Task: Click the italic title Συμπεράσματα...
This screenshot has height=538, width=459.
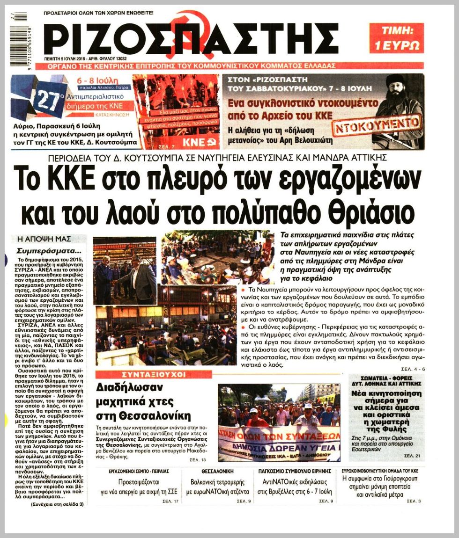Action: point(45,250)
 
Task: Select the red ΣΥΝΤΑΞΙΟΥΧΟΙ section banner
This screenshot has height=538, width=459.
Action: point(154,374)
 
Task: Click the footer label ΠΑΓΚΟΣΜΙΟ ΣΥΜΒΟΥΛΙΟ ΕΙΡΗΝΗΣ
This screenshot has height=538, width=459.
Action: point(295,471)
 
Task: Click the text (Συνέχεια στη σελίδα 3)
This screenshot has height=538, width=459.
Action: point(57,504)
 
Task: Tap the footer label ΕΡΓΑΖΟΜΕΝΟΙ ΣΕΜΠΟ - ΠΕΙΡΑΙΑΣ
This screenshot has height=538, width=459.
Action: point(141,471)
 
